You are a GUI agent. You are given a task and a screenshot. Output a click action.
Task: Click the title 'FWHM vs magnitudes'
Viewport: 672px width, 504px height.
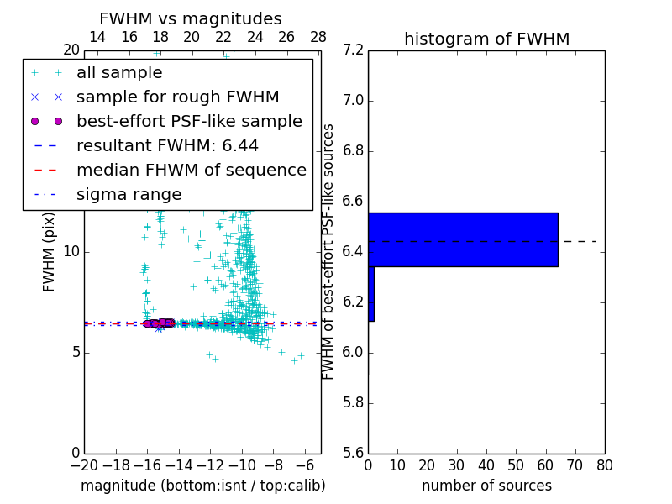click(191, 19)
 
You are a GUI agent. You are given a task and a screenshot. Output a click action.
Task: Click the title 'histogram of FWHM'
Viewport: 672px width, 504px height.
click(486, 39)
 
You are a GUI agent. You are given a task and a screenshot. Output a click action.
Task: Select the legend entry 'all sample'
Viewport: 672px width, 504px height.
click(119, 73)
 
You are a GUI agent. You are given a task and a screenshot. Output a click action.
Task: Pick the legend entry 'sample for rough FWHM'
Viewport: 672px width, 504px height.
click(178, 97)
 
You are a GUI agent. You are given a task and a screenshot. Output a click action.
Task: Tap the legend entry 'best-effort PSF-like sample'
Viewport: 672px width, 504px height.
click(189, 122)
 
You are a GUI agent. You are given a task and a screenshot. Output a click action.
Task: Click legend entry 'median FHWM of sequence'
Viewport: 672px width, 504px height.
click(192, 171)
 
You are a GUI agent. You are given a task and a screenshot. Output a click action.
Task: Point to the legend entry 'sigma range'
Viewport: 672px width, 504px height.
click(129, 195)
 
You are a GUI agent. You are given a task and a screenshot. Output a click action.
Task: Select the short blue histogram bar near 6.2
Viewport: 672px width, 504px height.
click(371, 294)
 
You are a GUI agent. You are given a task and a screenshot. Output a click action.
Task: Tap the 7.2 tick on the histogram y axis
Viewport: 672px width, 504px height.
click(353, 50)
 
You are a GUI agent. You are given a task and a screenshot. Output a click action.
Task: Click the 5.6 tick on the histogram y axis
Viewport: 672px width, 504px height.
click(353, 453)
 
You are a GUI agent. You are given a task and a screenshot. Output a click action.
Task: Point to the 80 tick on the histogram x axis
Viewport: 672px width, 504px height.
click(604, 465)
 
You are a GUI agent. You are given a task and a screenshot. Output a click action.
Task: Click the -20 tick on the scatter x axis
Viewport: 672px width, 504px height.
click(84, 465)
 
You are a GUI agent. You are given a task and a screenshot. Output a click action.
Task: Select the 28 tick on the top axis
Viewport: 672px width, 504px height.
click(318, 37)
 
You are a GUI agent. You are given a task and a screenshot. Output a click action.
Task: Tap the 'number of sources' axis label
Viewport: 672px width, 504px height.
click(486, 486)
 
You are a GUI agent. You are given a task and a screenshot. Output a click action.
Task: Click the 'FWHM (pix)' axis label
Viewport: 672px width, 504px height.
click(50, 250)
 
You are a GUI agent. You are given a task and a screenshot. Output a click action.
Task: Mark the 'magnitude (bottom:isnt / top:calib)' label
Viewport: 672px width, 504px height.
click(202, 486)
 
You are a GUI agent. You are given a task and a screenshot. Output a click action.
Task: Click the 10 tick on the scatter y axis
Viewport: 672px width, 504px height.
click(71, 251)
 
